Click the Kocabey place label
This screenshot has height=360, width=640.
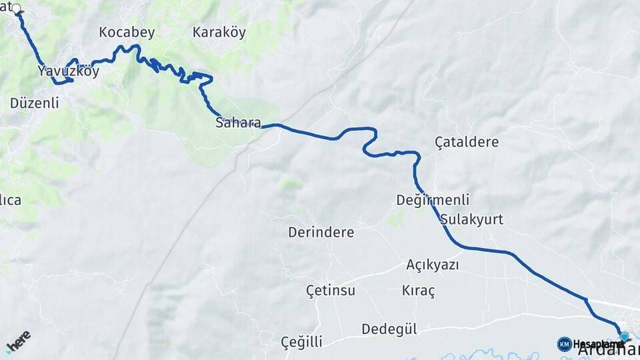[x=127, y=32]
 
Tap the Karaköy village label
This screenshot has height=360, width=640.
[x=219, y=32]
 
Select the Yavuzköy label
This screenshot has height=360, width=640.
[x=68, y=71]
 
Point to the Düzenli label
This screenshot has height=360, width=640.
[x=35, y=103]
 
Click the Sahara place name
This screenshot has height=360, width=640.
[x=238, y=123]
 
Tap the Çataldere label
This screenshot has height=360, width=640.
[x=466, y=142]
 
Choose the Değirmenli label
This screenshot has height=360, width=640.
[x=433, y=200]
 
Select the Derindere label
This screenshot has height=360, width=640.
[x=321, y=233]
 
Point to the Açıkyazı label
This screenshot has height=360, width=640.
[x=433, y=265]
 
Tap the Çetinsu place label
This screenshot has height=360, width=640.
[x=330, y=291]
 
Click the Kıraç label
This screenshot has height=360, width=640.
[x=418, y=291]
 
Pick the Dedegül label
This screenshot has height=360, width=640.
[x=389, y=329]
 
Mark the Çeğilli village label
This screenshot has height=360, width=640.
[x=301, y=342]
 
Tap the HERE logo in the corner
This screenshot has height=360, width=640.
[x=18, y=341]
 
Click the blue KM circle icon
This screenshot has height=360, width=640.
[x=564, y=344]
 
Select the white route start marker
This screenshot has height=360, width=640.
[x=17, y=9]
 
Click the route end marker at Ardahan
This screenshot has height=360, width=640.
[x=624, y=337]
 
